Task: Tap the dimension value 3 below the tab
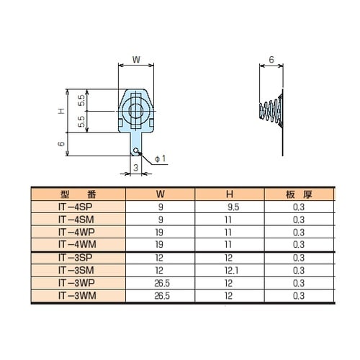click(x=135, y=167)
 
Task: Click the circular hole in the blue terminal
click(x=135, y=110)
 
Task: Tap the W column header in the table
click(x=160, y=194)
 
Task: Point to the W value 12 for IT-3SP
click(x=160, y=256)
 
